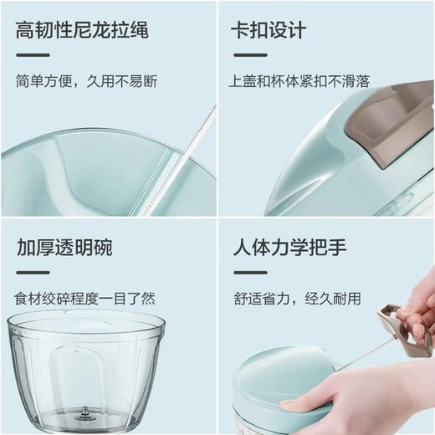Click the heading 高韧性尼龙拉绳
coord(82,32)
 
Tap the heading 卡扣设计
coord(269,32)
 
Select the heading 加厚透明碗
coord(64,248)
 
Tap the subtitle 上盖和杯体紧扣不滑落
coord(299,82)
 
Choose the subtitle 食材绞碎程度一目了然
coord(85,298)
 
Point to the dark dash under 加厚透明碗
coord(33,272)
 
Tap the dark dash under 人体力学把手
coord(249,272)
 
